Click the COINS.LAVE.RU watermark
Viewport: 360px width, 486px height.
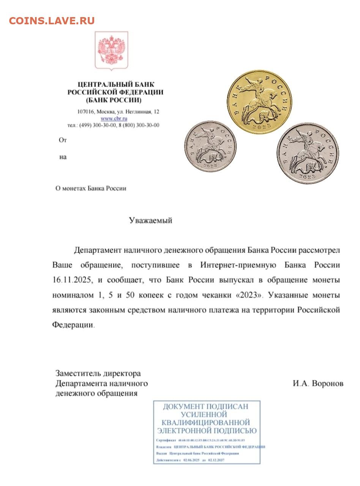52,21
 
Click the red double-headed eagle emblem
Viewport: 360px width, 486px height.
111,51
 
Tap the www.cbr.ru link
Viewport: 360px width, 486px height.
114,118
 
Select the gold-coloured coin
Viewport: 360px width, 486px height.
259,102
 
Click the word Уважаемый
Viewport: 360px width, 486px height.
150,220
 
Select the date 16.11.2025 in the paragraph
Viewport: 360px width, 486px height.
71,280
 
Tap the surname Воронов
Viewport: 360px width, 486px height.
327,383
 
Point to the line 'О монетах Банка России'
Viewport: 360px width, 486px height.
91,188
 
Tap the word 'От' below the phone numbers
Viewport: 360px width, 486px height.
63,140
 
